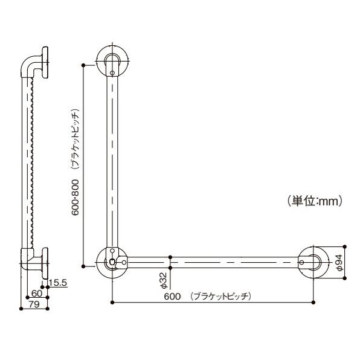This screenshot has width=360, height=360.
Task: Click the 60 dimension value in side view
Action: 37,294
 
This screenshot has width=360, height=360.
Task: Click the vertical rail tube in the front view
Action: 112,157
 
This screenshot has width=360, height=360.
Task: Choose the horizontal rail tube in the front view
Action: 211,262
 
